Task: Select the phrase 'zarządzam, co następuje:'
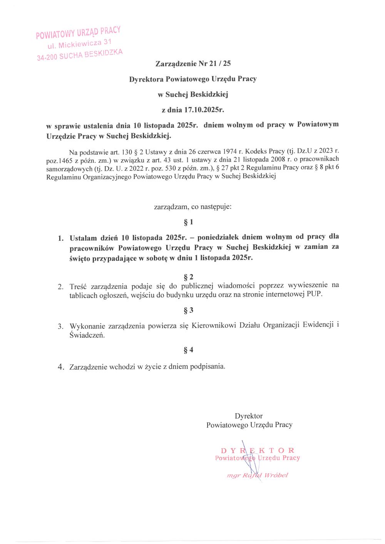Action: click(x=192, y=207)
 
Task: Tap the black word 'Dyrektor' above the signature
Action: click(x=249, y=416)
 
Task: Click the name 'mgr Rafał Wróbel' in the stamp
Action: click(x=258, y=475)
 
